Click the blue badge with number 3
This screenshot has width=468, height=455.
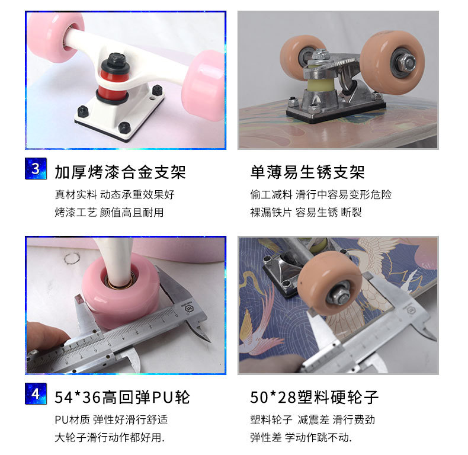(36, 168)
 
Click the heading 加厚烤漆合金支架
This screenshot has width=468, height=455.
(120, 172)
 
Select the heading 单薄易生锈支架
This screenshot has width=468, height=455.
(307, 172)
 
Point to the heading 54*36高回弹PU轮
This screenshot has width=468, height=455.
(122, 397)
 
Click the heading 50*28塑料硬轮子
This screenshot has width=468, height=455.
(315, 397)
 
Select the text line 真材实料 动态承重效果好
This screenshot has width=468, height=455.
(115, 194)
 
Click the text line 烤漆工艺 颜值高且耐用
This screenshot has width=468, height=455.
(109, 212)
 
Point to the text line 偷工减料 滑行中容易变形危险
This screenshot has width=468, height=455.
(321, 194)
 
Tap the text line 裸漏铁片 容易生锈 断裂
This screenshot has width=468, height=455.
(306, 212)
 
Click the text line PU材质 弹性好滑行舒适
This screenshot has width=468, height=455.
(111, 419)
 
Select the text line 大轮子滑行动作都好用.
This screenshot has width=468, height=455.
(110, 438)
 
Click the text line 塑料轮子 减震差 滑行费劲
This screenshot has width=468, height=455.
(313, 419)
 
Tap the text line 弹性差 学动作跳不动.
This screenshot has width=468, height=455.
(301, 438)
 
